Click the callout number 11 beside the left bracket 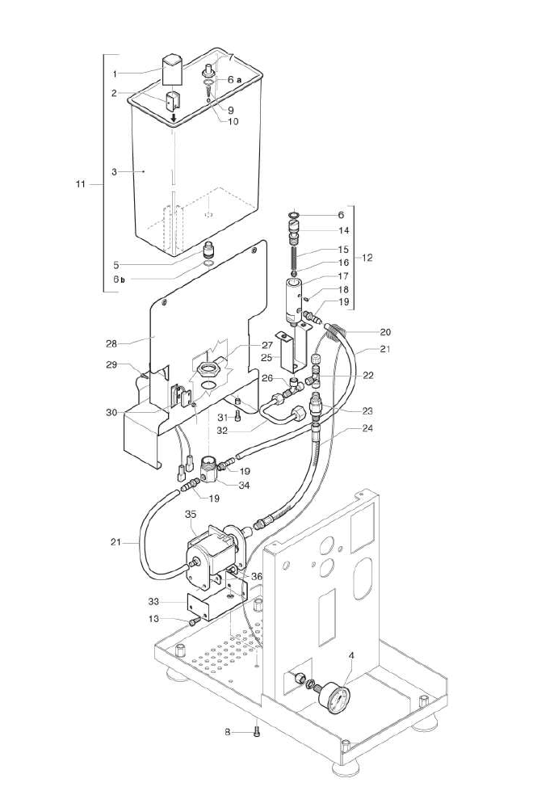click(x=80, y=184)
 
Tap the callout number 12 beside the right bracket click(x=367, y=258)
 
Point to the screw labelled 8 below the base click(x=257, y=732)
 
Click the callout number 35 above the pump click(x=191, y=513)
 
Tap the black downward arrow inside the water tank click(x=173, y=120)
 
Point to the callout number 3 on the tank click(x=115, y=171)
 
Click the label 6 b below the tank click(x=119, y=279)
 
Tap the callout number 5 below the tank click(x=116, y=264)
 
